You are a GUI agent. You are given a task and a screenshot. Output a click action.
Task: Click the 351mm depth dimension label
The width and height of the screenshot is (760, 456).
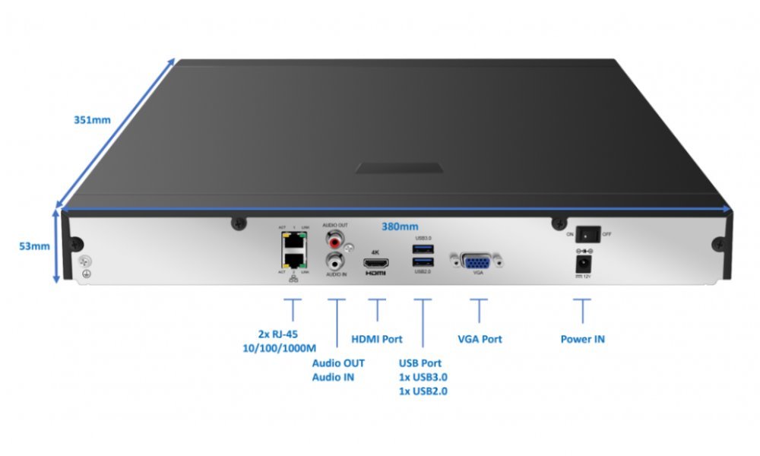click(92, 120)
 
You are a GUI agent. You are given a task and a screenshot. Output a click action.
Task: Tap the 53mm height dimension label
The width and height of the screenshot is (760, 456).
click(35, 245)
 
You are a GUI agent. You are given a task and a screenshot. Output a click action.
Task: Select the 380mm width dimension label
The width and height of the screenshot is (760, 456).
click(400, 226)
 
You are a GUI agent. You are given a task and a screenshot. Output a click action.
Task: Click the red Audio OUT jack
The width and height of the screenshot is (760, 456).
click(334, 242)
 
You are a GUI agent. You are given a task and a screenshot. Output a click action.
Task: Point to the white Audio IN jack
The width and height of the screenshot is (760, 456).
click(334, 262)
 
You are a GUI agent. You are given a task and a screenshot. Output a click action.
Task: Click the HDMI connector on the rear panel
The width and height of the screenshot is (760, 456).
click(376, 263)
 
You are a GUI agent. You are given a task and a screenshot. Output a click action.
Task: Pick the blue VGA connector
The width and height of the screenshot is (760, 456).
click(477, 261)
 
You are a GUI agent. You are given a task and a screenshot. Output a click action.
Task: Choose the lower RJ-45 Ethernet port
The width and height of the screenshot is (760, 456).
click(293, 261)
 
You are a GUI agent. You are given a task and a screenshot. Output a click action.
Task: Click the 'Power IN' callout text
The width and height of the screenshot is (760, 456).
click(582, 339)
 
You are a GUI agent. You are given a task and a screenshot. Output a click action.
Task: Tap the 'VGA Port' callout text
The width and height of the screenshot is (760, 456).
click(480, 339)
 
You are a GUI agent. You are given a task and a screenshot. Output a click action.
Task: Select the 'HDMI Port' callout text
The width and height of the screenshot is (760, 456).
click(376, 339)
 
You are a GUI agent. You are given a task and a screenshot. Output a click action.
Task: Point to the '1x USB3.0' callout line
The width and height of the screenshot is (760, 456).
click(423, 377)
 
